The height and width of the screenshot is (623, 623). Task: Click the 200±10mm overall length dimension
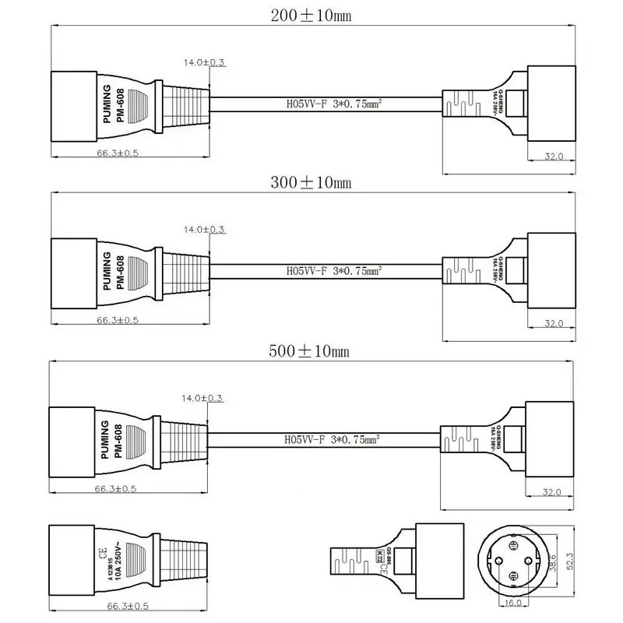coord(310,15)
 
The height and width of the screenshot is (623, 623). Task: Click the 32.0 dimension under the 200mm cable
coord(553,157)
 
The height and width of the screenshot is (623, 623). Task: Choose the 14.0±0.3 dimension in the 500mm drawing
coord(202,399)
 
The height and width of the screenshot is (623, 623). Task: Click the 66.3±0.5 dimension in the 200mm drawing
coord(118,153)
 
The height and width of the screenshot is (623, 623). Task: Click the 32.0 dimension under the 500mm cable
coord(553,492)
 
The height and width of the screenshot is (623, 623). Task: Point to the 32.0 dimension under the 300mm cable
coord(553,322)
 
